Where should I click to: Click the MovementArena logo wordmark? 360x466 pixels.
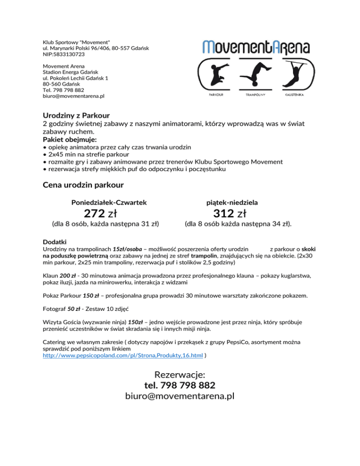[x=256, y=46]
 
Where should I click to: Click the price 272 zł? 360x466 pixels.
[x=100, y=214]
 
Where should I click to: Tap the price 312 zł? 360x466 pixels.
[x=229, y=214]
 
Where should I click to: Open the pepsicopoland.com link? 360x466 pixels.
[x=123, y=356]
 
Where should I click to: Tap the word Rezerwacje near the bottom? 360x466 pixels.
[x=180, y=375]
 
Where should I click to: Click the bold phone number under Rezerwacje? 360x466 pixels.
[x=180, y=385]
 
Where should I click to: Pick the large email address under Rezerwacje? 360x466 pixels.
[x=180, y=397]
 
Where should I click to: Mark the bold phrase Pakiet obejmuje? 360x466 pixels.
[x=63, y=140]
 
